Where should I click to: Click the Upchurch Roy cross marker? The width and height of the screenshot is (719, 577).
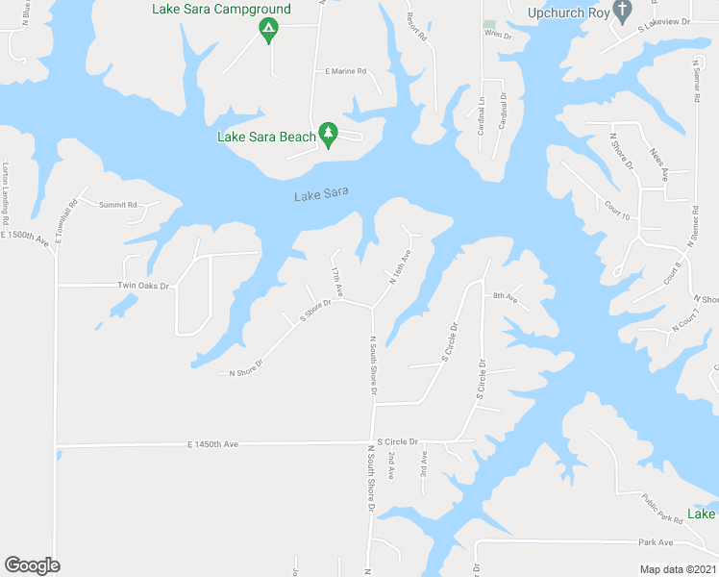click(x=623, y=13)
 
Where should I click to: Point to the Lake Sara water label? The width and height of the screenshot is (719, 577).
click(x=321, y=195)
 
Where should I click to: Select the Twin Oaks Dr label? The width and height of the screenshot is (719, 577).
click(x=142, y=286)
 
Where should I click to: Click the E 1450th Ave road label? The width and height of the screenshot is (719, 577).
click(x=211, y=444)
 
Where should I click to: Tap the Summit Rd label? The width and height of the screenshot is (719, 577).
click(x=119, y=205)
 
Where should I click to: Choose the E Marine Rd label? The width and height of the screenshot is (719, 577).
click(x=346, y=71)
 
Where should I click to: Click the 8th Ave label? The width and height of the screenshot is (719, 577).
click(x=505, y=298)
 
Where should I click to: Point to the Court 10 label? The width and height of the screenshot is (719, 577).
click(x=617, y=211)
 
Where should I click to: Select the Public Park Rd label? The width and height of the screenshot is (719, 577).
click(x=662, y=508)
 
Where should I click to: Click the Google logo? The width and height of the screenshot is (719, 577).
click(x=32, y=565)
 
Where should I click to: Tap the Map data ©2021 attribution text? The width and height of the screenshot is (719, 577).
click(x=678, y=569)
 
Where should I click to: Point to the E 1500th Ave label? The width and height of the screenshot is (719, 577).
click(x=24, y=236)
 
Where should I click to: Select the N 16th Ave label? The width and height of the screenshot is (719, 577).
click(x=400, y=268)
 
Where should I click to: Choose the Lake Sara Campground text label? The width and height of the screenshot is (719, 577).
click(x=222, y=10)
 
